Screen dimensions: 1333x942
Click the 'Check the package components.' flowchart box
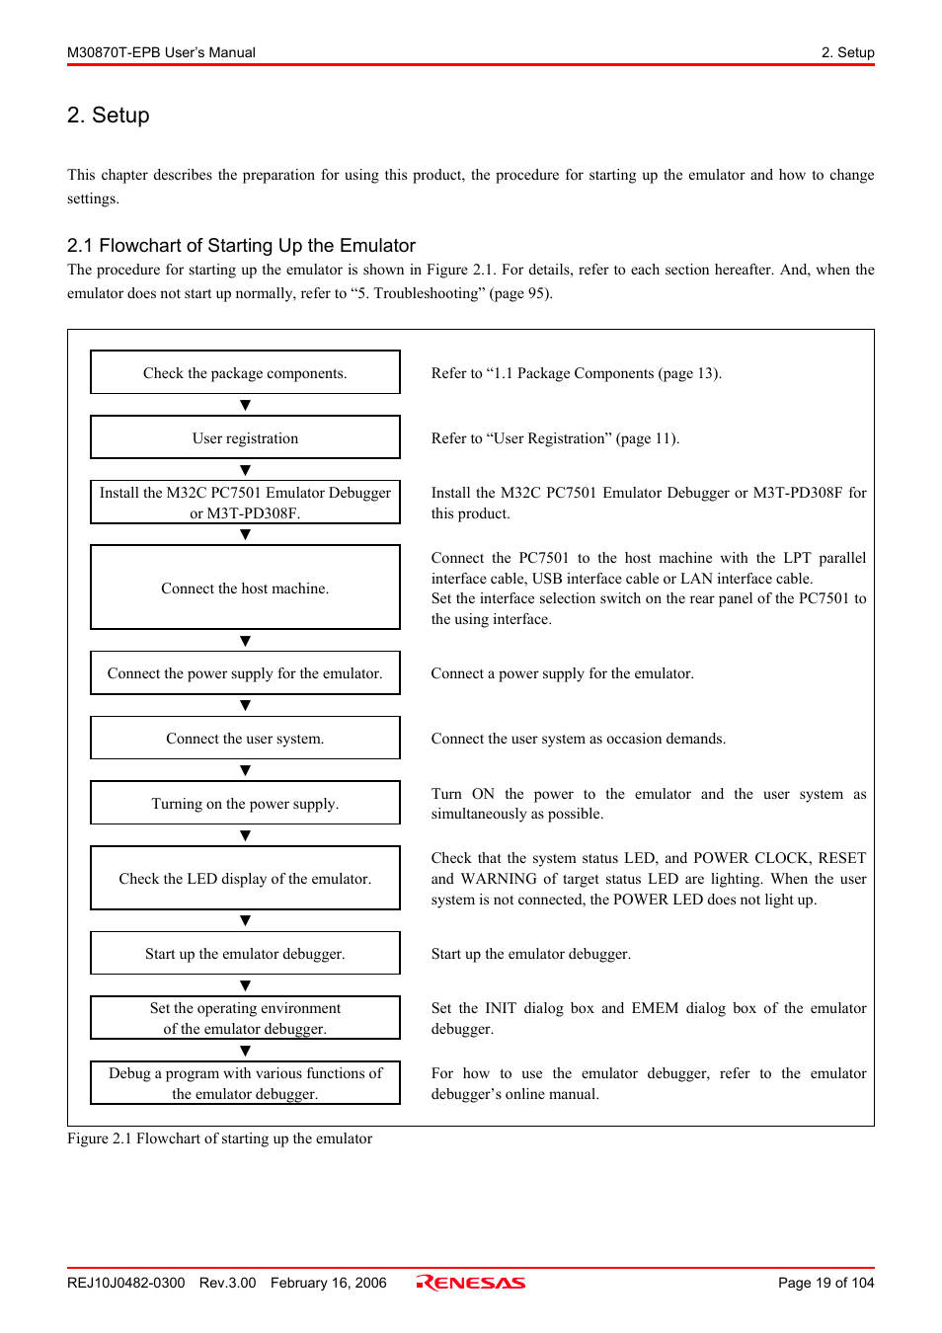[245, 372]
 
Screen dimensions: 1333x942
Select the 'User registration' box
[245, 437]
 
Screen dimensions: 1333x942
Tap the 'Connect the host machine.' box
[245, 588]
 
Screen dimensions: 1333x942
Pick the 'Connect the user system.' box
[245, 738]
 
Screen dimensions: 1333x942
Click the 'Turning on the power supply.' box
[245, 803]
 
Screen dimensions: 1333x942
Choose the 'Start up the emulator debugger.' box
[245, 953]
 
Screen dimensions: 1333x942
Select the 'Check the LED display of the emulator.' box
[245, 878]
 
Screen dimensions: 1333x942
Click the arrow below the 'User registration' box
[245, 470]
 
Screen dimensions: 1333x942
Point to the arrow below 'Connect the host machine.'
[245, 641]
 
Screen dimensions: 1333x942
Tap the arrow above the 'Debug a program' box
[245, 1051]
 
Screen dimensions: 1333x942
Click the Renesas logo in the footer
[471, 1283]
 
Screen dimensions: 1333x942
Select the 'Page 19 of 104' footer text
[825, 1283]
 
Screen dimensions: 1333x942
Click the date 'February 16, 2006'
[328, 1283]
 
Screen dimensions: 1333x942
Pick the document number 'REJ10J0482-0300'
[125, 1283]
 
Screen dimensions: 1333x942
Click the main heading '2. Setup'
[109, 116]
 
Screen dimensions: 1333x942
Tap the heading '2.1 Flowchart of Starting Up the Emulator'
[241, 246]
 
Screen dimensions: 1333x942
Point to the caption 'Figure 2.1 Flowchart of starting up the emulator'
[219, 1138]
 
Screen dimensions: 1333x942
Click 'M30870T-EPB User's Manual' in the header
[161, 52]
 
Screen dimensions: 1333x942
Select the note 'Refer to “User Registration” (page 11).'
[555, 438]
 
